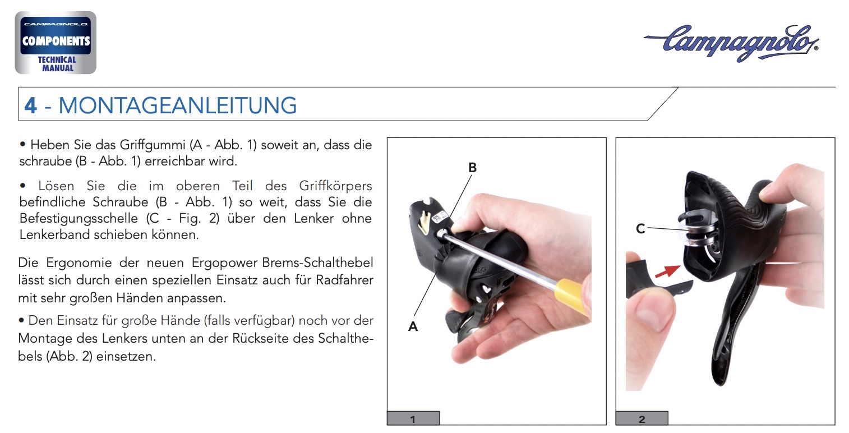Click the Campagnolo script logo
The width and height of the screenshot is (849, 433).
point(731,43)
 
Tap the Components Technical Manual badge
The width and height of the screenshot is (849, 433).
point(56,43)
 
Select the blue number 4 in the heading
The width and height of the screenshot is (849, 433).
point(30,105)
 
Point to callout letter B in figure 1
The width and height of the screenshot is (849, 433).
point(472,167)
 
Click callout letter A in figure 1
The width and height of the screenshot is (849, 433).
point(413,326)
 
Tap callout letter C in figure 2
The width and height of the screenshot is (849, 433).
point(640,229)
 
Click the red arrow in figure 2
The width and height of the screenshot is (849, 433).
point(667,271)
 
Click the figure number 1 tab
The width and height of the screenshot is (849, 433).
point(413,418)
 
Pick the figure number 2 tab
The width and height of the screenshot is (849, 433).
point(642,418)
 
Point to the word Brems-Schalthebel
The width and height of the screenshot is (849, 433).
point(317,262)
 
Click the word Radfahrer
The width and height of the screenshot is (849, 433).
point(344,280)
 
